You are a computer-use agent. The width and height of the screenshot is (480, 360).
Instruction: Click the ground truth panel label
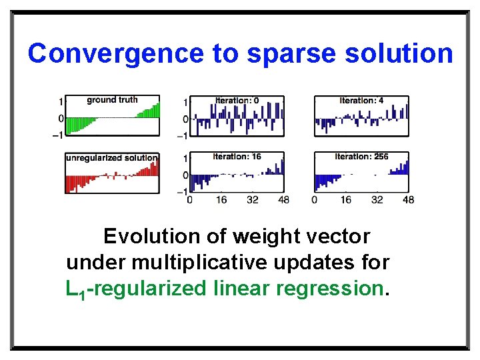pyautogui.click(x=112, y=100)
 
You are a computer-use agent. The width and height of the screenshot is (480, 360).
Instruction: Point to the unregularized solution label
pyautogui.click(x=111, y=158)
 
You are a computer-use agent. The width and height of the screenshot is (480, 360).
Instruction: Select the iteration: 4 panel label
pyautogui.click(x=361, y=101)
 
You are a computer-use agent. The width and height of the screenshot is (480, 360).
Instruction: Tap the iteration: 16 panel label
pyautogui.click(x=237, y=157)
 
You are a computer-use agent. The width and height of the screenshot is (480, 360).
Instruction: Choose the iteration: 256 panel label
pyautogui.click(x=361, y=157)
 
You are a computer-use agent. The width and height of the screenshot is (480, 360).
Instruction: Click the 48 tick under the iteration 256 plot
pyautogui.click(x=408, y=200)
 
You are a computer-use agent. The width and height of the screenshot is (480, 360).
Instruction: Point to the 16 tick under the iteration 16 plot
pyautogui.click(x=221, y=200)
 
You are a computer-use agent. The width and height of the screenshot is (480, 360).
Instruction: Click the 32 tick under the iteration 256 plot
pyautogui.click(x=377, y=200)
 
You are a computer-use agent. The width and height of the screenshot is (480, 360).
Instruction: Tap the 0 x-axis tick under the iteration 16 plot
pyautogui.click(x=190, y=200)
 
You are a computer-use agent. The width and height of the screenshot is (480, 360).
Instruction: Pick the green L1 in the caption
pyautogui.click(x=74, y=289)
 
